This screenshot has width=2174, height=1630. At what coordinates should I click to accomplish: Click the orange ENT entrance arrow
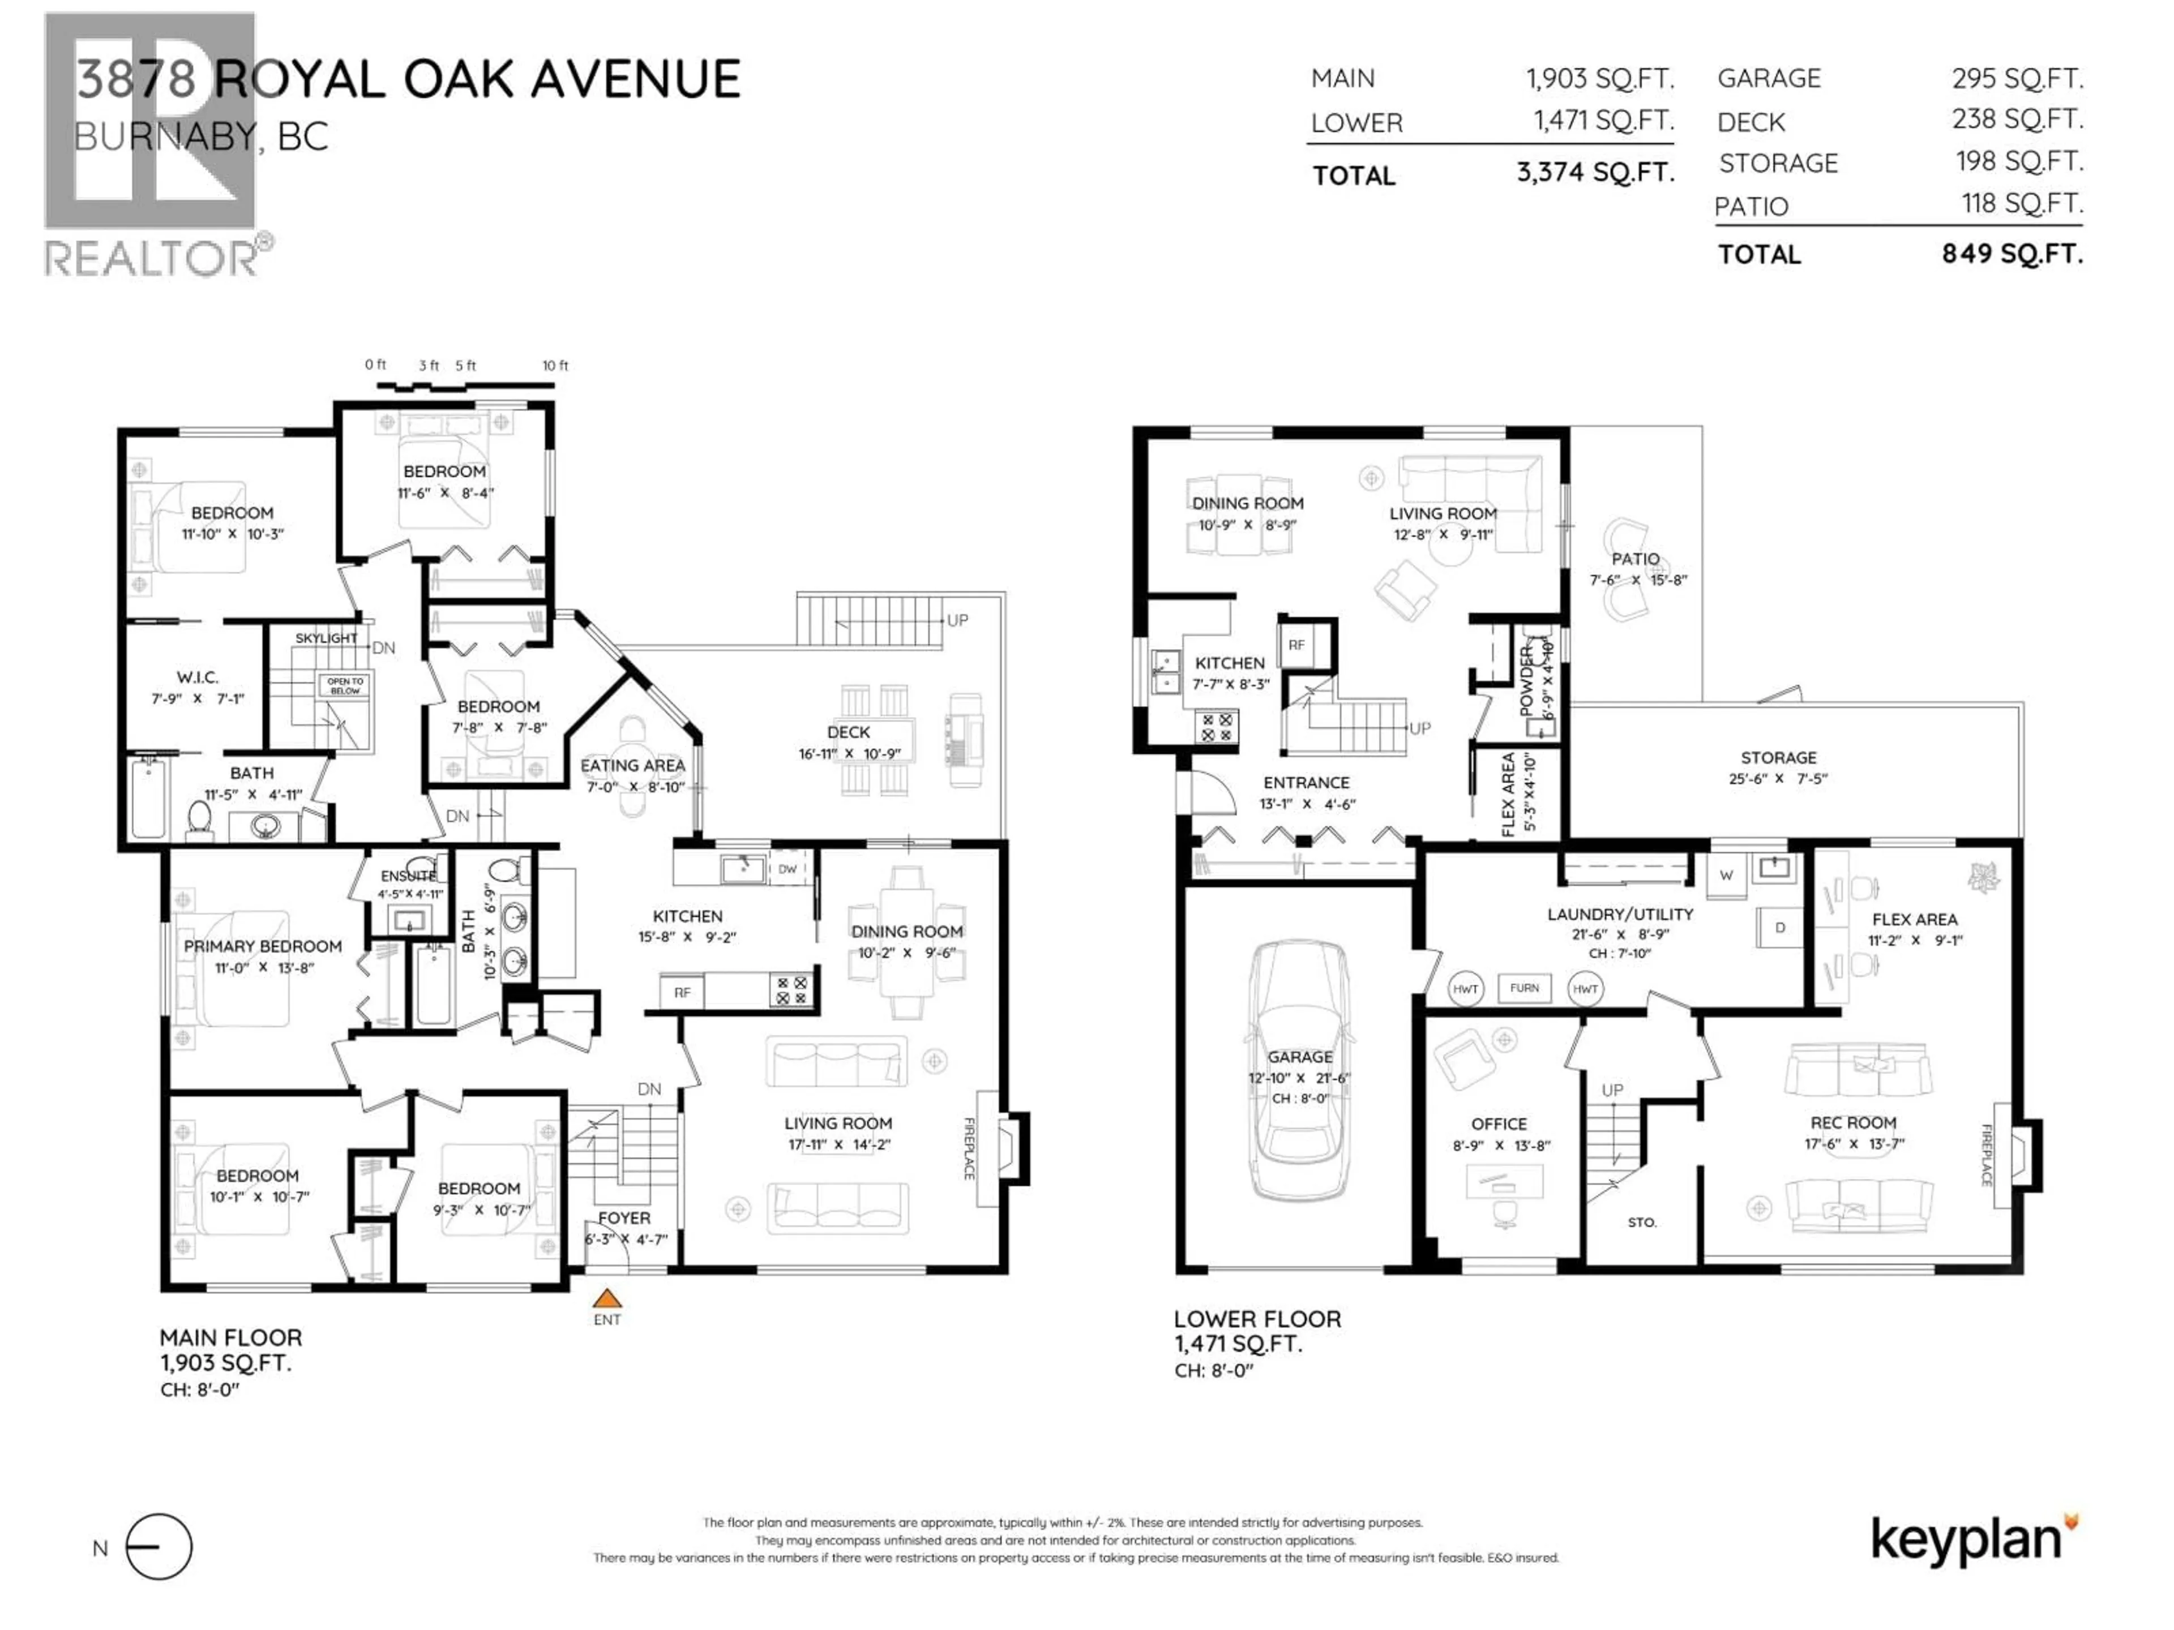point(607,1299)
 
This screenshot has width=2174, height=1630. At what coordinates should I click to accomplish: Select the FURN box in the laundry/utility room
point(1525,988)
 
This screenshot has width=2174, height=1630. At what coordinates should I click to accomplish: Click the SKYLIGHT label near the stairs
point(326,638)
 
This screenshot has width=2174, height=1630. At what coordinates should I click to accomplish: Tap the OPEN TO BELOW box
point(345,685)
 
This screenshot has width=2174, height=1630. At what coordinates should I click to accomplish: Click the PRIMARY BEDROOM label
point(263,946)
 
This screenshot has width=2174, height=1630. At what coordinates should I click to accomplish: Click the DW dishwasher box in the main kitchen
point(788,869)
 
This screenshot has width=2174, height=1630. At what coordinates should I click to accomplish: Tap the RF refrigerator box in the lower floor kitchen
point(1296,646)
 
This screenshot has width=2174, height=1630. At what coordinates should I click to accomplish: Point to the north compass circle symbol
point(159,1547)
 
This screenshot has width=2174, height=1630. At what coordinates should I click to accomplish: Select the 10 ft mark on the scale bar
point(555,366)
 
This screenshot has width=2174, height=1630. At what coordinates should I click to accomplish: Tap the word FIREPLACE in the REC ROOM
point(1985,1156)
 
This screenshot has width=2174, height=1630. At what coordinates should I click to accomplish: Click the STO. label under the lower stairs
point(1641,1223)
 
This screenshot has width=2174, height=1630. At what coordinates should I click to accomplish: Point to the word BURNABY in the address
point(164,136)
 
